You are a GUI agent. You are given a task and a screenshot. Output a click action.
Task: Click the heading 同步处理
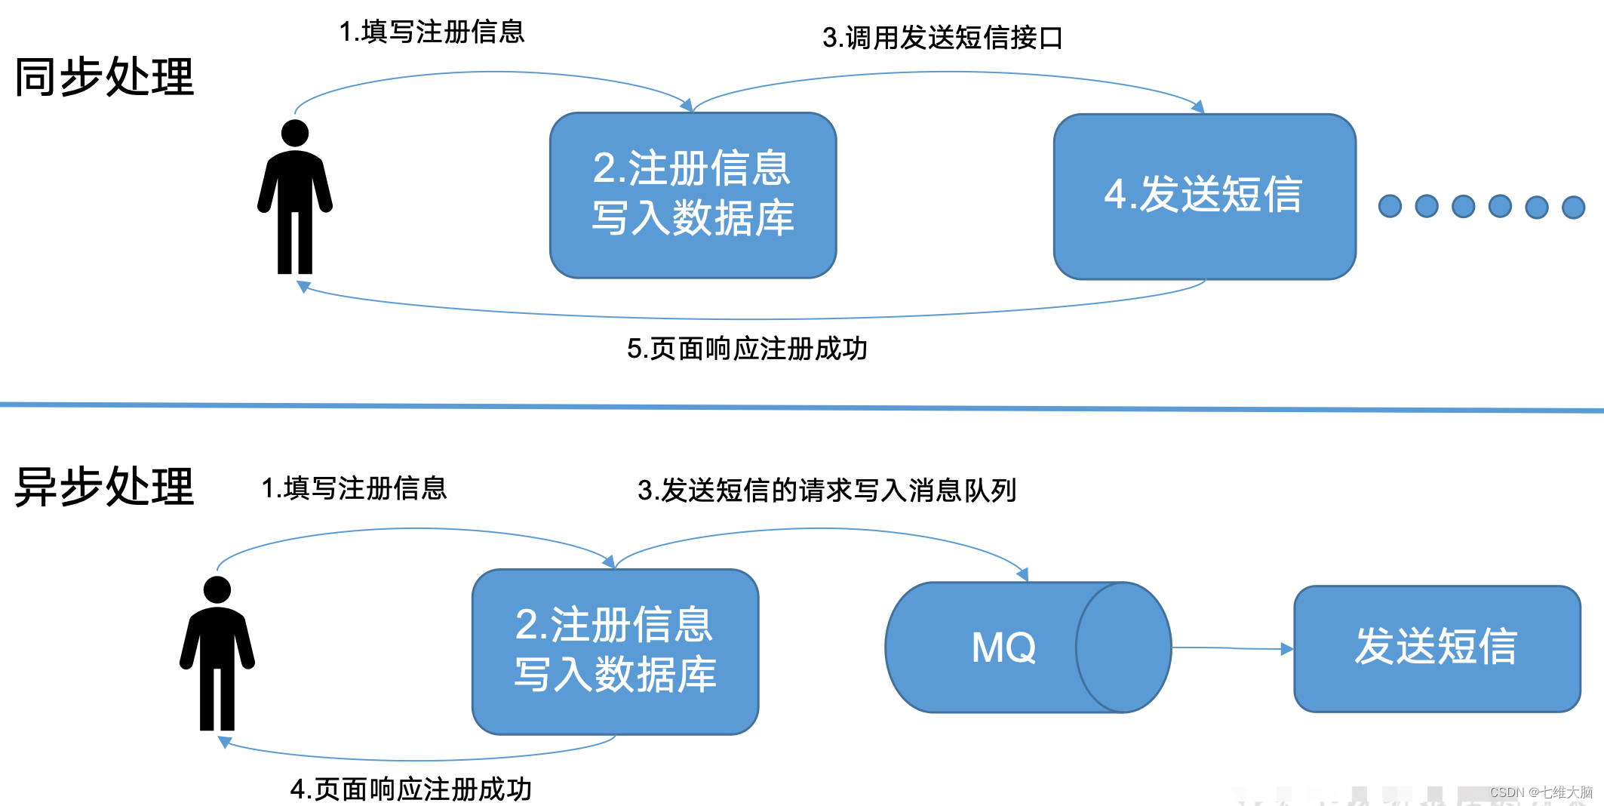tap(104, 77)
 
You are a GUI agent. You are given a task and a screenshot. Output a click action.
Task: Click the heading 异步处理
tap(104, 487)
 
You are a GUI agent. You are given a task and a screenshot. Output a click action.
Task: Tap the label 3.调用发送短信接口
tap(942, 38)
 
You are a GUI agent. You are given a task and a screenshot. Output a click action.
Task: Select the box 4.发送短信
tap(1204, 196)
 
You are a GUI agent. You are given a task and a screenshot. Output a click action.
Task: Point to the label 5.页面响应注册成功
tap(747, 349)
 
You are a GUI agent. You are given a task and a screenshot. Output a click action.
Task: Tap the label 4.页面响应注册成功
tap(411, 789)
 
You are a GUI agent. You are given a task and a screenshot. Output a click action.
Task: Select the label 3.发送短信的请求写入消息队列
tap(827, 491)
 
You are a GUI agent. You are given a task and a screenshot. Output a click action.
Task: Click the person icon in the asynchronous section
tap(217, 654)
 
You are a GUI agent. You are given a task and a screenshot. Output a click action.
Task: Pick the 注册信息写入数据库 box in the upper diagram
tap(693, 195)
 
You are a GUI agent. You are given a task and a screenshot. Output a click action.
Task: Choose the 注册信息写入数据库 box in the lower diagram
tap(615, 651)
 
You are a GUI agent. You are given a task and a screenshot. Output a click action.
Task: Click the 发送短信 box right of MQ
tap(1437, 648)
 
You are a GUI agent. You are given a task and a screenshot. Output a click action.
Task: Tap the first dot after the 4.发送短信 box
tap(1390, 206)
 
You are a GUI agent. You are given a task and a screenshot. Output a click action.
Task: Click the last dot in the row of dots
tap(1573, 207)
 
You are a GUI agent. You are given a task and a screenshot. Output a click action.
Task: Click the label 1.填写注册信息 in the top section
tap(432, 32)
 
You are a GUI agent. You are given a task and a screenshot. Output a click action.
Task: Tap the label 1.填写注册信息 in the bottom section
tap(354, 488)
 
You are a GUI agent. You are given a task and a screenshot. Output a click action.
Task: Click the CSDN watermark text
tap(1541, 792)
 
